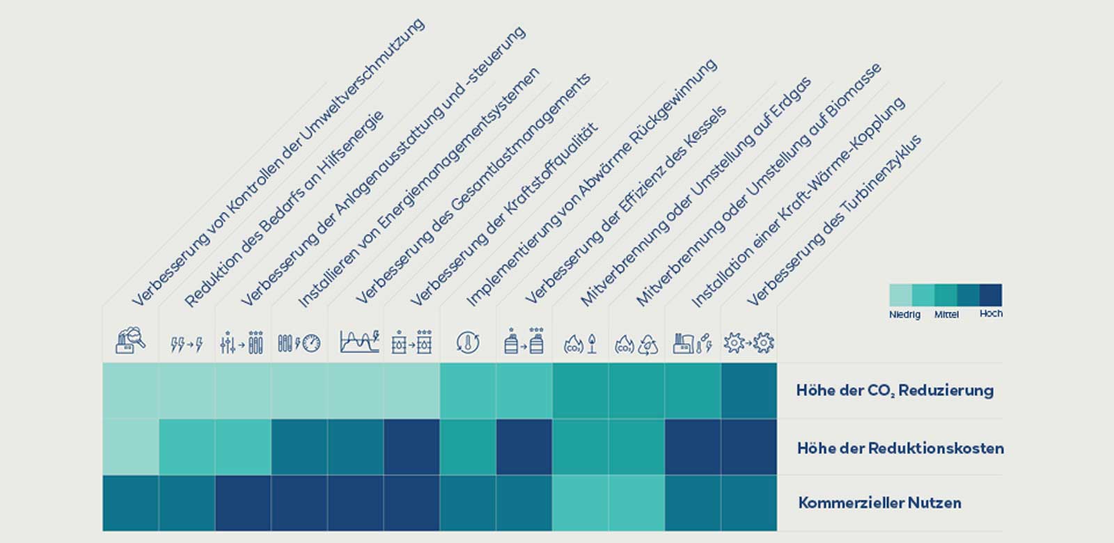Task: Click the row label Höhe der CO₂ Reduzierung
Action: tap(895, 391)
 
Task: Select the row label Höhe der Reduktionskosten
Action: tap(900, 448)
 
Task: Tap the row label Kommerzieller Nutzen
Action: tap(879, 503)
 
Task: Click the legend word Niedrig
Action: tap(904, 315)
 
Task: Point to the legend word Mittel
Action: tap(946, 315)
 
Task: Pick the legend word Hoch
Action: tap(991, 313)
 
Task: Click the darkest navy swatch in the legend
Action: tap(991, 294)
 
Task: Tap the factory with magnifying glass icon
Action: tap(130, 342)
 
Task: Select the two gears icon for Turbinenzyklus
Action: tap(748, 343)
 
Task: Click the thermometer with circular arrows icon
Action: tap(468, 343)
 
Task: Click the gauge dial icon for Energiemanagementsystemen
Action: tap(299, 343)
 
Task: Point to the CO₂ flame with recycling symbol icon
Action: tap(636, 343)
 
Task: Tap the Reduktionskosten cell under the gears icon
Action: tap(748, 447)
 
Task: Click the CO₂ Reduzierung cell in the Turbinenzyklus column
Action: tap(748, 391)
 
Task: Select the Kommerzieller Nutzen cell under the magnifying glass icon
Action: tap(131, 503)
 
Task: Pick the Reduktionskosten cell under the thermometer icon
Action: tap(468, 447)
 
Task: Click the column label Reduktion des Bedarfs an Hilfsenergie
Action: tap(284, 209)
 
